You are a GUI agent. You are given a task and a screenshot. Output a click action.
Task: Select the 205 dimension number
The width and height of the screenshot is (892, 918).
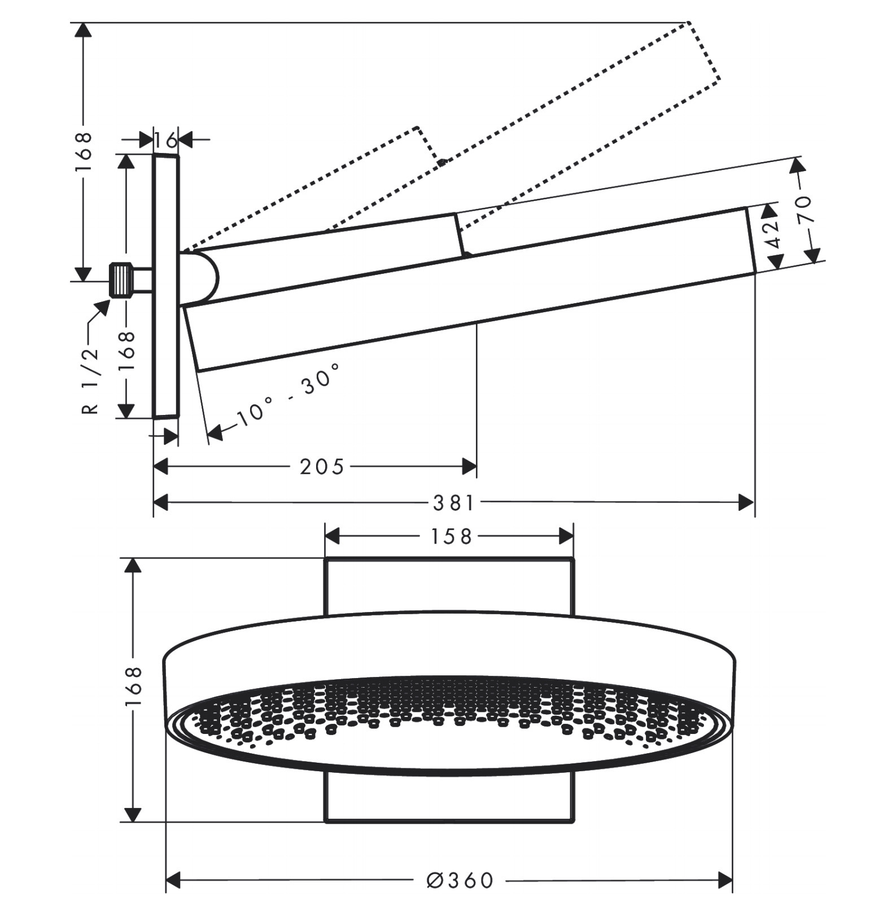tap(322, 467)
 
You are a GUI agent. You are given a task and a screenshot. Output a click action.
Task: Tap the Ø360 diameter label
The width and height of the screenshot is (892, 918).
tap(460, 880)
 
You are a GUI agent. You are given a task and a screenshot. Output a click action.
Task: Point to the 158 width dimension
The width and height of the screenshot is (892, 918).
tap(451, 536)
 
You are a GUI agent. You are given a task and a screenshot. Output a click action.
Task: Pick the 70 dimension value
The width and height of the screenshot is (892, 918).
tap(804, 209)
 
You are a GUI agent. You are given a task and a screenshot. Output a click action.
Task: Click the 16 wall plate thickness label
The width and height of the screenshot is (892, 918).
tap(165, 139)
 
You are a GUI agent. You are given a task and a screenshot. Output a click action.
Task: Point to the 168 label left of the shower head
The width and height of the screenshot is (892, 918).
tap(133, 687)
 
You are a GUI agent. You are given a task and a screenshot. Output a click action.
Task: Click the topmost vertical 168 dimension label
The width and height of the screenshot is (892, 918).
tap(83, 152)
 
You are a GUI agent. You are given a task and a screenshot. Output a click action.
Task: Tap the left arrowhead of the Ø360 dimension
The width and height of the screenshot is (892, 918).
tap(173, 880)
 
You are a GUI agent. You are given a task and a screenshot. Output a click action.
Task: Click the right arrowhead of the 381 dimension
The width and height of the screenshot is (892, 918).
tap(747, 502)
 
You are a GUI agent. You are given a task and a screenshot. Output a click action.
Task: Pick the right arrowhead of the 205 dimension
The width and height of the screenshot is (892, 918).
tap(470, 467)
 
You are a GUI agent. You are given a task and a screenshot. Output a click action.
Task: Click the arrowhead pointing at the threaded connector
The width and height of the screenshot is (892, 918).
tap(103, 308)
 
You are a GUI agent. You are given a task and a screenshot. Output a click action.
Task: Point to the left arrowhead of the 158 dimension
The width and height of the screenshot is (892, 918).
tap(333, 536)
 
